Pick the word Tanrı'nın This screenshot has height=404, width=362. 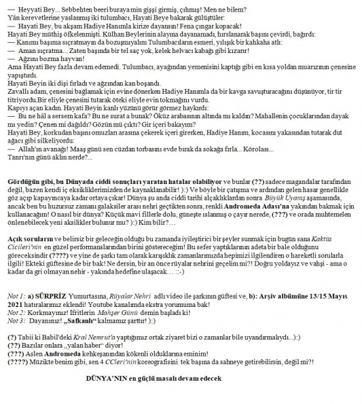click(x=18, y=157)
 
